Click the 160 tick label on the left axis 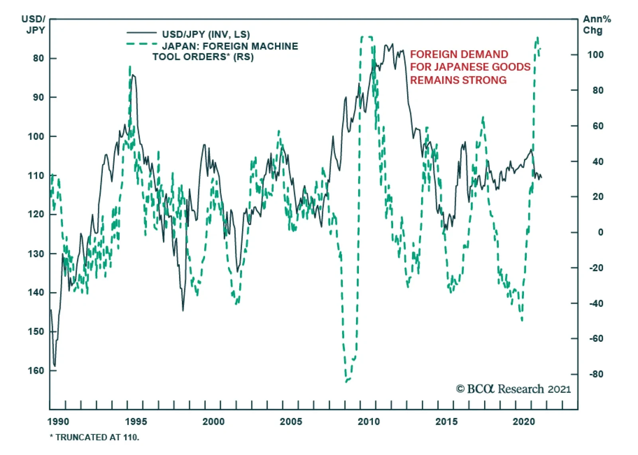click(x=36, y=371)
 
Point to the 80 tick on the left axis click(x=38, y=58)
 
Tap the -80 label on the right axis click(x=596, y=374)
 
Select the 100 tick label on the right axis click(x=595, y=55)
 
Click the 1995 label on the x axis click(x=136, y=422)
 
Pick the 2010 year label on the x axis click(x=369, y=422)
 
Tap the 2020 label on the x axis click(x=524, y=422)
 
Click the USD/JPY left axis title click(x=34, y=24)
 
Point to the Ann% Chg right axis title click(x=596, y=24)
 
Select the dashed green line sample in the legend click(x=142, y=44)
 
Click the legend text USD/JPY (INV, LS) click(x=206, y=34)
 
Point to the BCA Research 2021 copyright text click(x=514, y=389)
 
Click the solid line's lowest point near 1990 click(x=55, y=366)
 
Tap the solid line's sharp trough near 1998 click(x=183, y=310)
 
